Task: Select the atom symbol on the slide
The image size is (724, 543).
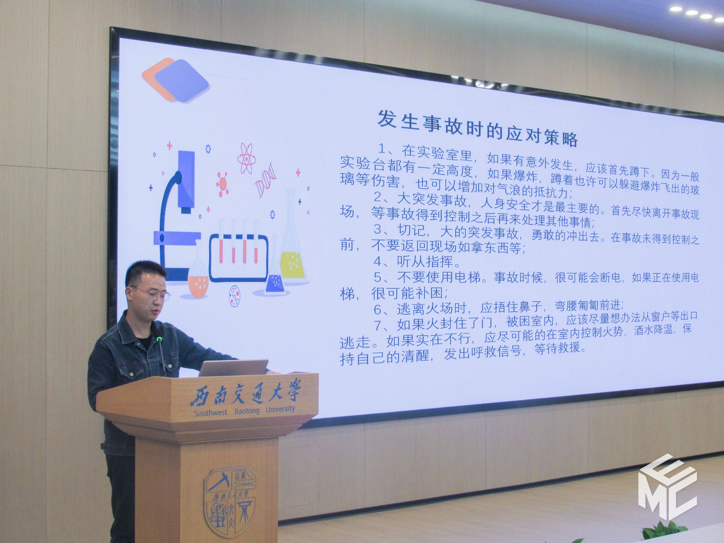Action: pyautogui.click(x=246, y=159)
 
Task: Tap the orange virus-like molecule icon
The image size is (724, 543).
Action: pyautogui.click(x=222, y=184)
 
